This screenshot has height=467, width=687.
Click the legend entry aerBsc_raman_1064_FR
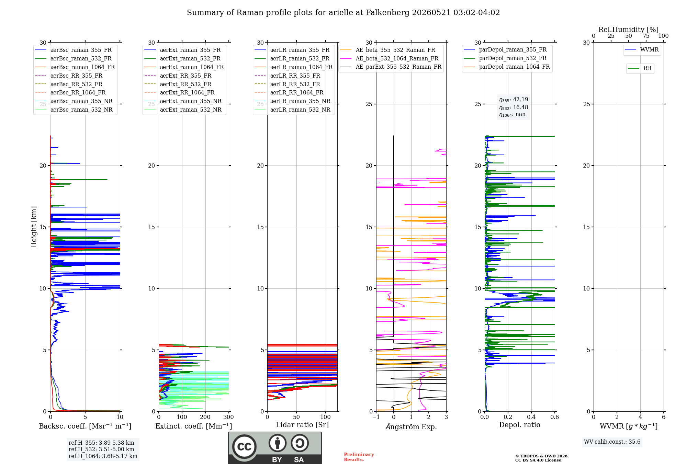tap(75, 67)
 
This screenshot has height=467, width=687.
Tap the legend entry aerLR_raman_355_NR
tap(293, 101)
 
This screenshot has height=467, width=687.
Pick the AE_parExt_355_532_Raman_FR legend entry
tap(391, 67)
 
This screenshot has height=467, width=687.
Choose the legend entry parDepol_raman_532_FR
tap(505, 58)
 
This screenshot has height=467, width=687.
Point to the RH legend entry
tap(640, 68)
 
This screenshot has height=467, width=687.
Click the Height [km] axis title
tap(34, 227)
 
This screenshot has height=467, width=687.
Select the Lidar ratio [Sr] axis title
tap(302, 425)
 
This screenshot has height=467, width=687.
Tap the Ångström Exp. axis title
tap(411, 426)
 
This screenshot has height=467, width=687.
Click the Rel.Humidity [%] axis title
tap(629, 30)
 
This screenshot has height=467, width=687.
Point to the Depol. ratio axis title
tap(520, 425)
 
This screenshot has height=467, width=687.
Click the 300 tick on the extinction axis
tap(228, 417)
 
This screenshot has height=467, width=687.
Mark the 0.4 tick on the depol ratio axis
tap(531, 417)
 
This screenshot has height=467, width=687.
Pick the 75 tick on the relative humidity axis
tap(646, 36)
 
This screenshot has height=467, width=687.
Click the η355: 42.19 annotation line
tap(514, 100)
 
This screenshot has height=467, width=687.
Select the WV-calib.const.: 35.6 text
tap(612, 442)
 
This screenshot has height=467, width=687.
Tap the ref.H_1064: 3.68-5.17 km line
tap(103, 456)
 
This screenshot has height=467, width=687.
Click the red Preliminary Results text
tap(359, 457)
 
